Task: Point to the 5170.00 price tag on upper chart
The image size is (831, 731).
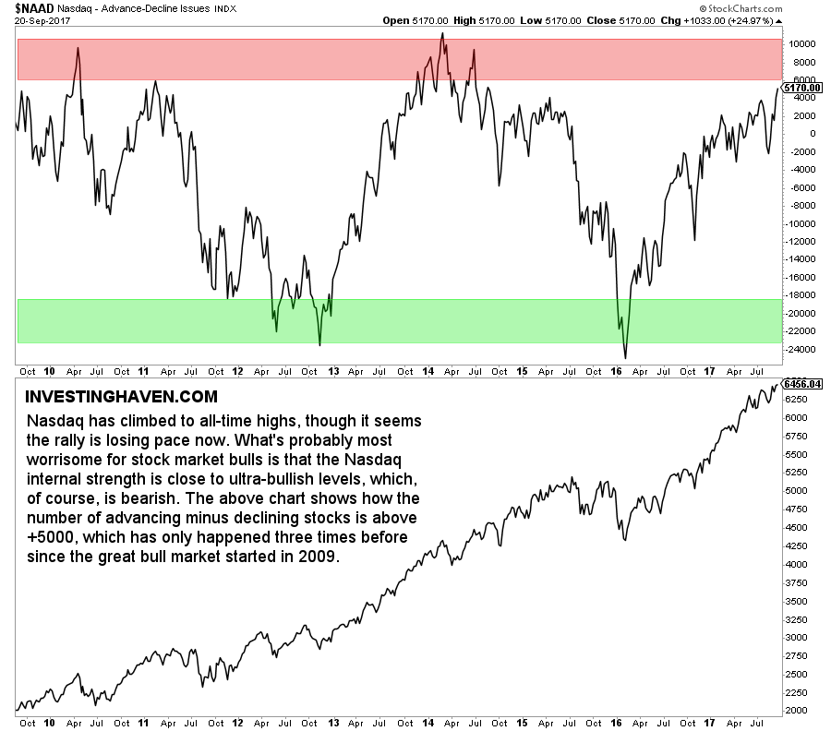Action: coord(801,88)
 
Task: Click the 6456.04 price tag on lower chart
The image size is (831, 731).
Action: coord(801,381)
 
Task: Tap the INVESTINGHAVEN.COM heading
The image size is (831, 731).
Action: coord(119,398)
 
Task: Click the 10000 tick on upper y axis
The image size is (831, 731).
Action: coord(801,43)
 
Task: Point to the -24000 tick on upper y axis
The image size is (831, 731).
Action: coord(799,349)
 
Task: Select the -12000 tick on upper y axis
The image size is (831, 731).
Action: coord(799,241)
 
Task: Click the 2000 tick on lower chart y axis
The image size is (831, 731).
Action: coord(796,710)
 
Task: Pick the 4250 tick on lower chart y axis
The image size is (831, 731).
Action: coord(796,545)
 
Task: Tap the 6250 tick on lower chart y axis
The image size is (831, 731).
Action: coord(796,400)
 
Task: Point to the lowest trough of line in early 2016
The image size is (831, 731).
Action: coord(625,358)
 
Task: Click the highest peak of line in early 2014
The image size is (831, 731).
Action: coord(442,33)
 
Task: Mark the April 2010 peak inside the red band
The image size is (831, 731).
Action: coord(77,48)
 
